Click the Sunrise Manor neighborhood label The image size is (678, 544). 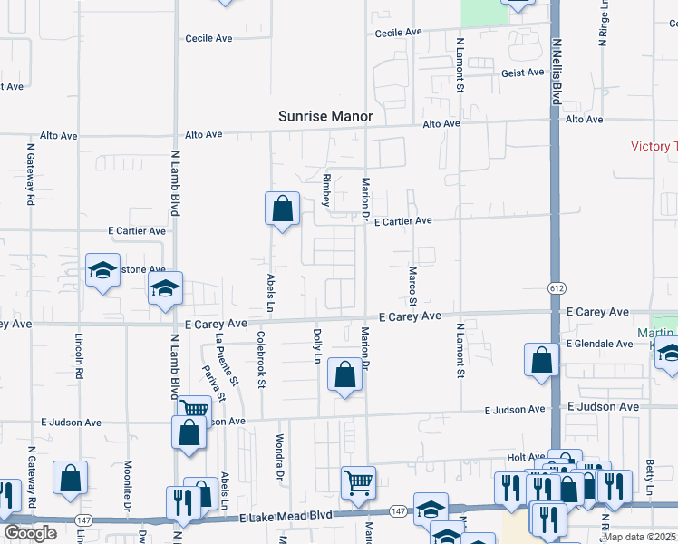point(325,117)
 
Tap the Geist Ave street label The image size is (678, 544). point(522,73)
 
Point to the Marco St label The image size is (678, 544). point(412,286)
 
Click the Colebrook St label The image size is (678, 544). point(261,360)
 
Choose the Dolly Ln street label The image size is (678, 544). point(317,345)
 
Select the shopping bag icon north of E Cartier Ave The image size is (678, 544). point(282,209)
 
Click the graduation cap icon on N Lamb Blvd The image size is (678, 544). point(166,288)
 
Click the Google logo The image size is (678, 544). point(30,533)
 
